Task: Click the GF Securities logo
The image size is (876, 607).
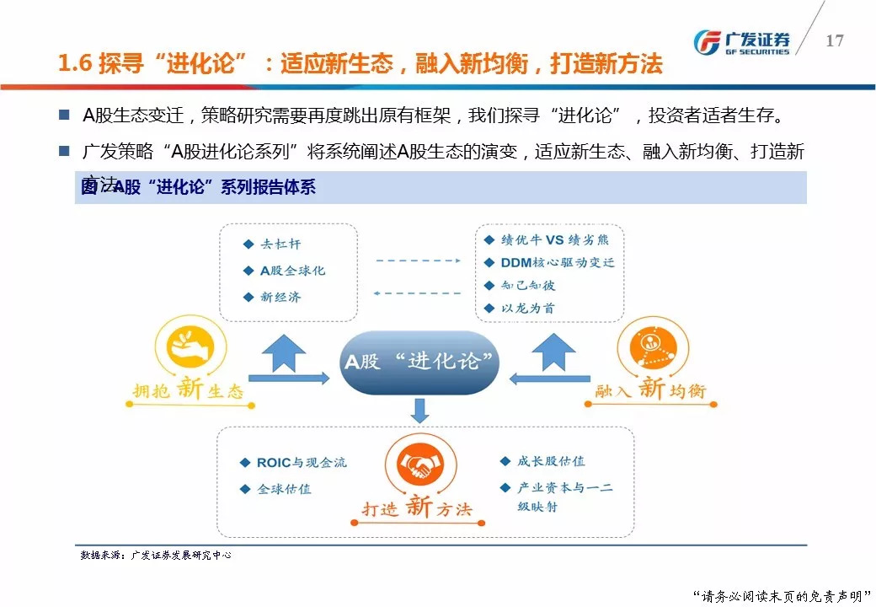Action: click(740, 41)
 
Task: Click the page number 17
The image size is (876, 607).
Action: click(834, 40)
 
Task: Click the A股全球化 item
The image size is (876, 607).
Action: click(291, 271)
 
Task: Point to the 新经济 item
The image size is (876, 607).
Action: click(280, 297)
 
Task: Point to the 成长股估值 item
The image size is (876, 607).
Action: click(551, 461)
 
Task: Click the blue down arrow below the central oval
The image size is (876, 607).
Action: click(420, 411)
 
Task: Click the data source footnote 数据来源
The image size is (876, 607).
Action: click(156, 556)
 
